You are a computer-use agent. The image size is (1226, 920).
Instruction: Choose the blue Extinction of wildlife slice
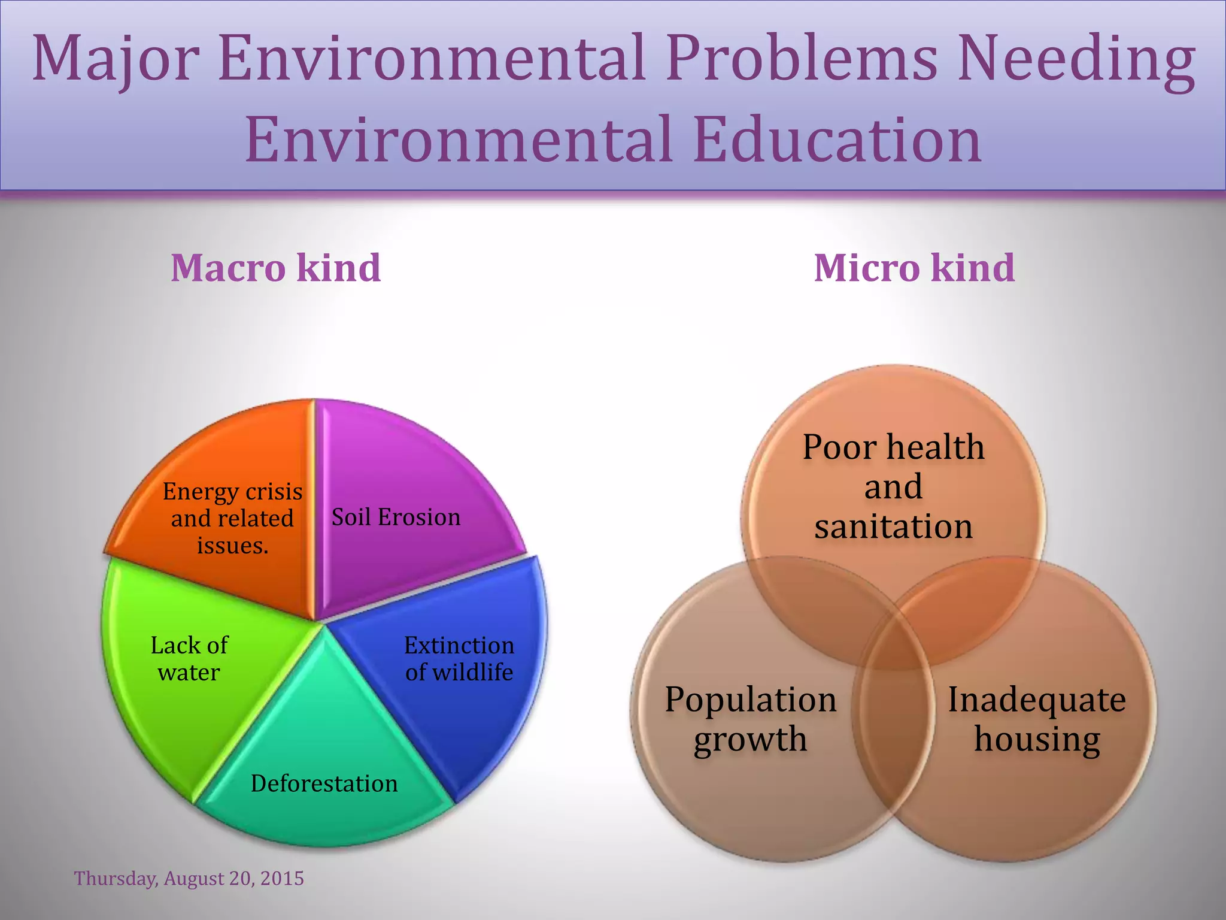click(x=467, y=707)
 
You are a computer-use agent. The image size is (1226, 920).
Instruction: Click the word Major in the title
click(x=115, y=60)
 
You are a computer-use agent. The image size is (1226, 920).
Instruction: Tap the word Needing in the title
click(x=1075, y=60)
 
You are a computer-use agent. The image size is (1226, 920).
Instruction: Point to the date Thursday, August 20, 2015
click(x=189, y=878)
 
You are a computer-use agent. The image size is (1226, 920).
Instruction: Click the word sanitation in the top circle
click(x=893, y=526)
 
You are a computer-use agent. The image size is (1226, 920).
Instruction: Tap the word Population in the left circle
click(x=751, y=699)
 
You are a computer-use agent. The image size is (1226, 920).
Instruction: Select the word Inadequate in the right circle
click(x=1037, y=699)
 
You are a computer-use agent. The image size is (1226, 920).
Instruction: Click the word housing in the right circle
click(x=1037, y=739)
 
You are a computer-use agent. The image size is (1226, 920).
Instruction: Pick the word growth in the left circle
click(x=751, y=739)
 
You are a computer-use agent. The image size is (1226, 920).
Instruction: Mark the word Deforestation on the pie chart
click(x=324, y=783)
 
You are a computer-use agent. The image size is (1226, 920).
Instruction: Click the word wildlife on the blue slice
click(x=473, y=672)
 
